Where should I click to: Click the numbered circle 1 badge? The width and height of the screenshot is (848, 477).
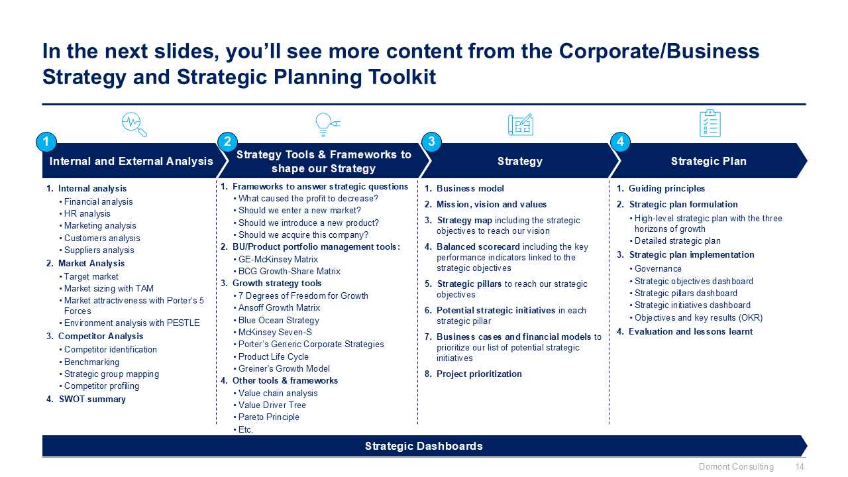(x=46, y=142)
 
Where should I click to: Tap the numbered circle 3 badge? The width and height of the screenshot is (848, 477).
(x=431, y=142)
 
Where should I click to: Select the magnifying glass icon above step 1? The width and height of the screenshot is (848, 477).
(x=134, y=125)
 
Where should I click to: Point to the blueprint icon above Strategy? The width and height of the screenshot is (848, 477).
(x=520, y=125)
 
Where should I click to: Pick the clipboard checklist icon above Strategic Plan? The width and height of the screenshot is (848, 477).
(x=710, y=124)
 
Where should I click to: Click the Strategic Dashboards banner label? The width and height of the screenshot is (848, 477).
(x=423, y=446)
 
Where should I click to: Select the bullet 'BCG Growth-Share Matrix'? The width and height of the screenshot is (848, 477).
(x=290, y=271)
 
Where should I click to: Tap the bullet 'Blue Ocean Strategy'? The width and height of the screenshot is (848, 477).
(x=278, y=320)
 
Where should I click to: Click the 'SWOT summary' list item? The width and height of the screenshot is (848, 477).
(x=91, y=399)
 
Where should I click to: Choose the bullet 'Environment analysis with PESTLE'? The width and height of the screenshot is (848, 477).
(x=131, y=323)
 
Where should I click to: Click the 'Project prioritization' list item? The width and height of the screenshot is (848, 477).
(x=478, y=374)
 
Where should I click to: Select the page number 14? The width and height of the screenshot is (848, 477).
(x=800, y=467)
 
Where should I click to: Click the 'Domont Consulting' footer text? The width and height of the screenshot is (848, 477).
(x=736, y=467)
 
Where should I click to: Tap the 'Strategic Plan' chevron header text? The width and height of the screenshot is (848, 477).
(x=708, y=161)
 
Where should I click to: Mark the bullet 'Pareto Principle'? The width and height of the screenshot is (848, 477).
(x=268, y=417)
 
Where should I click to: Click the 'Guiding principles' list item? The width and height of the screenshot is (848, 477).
(x=666, y=189)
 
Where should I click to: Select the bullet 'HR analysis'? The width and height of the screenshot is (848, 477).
(x=87, y=213)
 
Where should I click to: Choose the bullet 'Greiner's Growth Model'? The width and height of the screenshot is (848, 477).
(x=284, y=368)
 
